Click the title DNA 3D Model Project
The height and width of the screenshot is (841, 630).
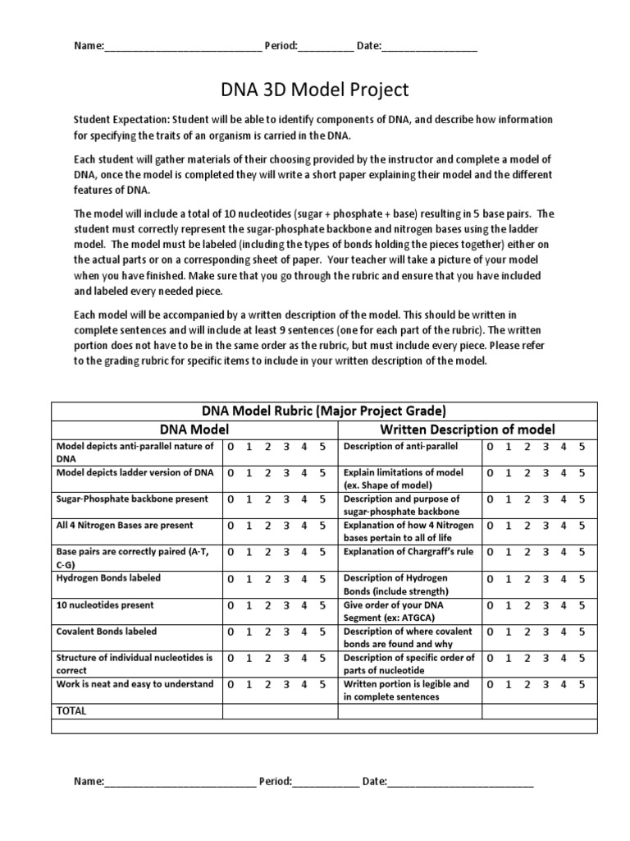pos(315,89)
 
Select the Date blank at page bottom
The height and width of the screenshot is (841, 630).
pos(460,783)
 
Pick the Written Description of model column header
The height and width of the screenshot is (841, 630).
pos(467,429)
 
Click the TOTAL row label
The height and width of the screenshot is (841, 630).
pos(71,710)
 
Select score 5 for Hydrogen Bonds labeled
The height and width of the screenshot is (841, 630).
pos(323,579)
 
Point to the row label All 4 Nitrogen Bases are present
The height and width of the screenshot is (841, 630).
pos(125,525)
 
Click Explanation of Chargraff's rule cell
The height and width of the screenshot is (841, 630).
pos(409,552)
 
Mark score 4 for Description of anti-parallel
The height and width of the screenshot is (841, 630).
pos(562,447)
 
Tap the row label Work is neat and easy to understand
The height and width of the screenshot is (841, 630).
pos(135,684)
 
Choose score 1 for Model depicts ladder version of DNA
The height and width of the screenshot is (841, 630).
pos(248,473)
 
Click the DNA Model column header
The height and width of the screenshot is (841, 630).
pos(194,429)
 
